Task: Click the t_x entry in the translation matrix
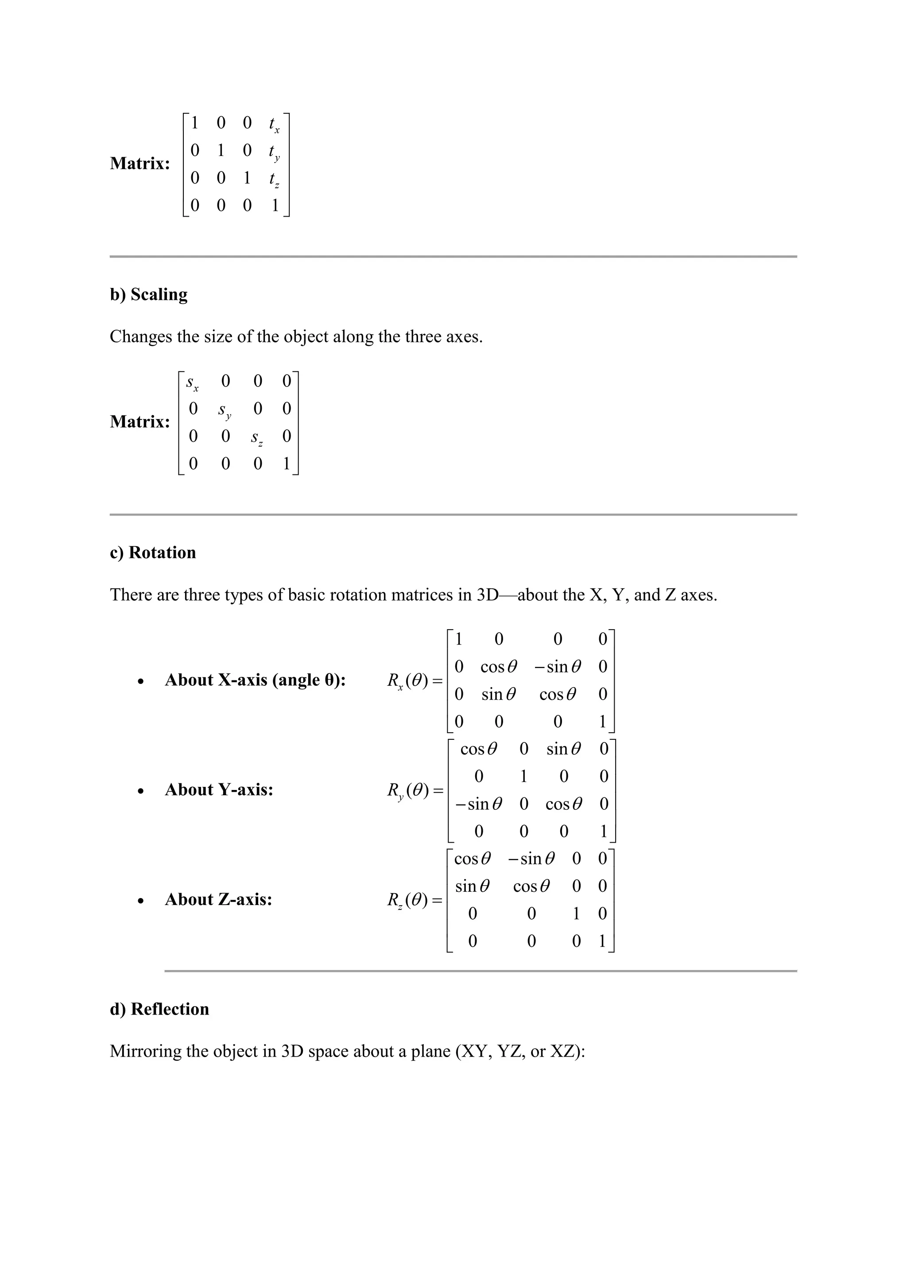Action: pos(274,124)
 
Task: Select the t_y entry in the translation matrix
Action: pos(274,152)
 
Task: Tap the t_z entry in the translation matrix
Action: pos(274,179)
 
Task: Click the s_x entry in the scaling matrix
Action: pos(192,383)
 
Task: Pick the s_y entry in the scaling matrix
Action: pos(225,411)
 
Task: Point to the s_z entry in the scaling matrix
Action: pos(257,438)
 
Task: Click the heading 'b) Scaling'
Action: pos(148,295)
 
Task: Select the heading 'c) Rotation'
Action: pos(153,552)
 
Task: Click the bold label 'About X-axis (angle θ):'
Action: pos(255,680)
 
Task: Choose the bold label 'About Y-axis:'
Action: pos(219,790)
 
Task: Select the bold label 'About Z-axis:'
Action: pos(218,900)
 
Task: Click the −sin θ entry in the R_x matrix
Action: pos(558,667)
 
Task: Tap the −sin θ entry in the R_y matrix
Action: pos(479,804)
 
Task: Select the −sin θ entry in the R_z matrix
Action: pos(531,859)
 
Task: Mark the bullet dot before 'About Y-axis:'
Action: pos(141,791)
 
